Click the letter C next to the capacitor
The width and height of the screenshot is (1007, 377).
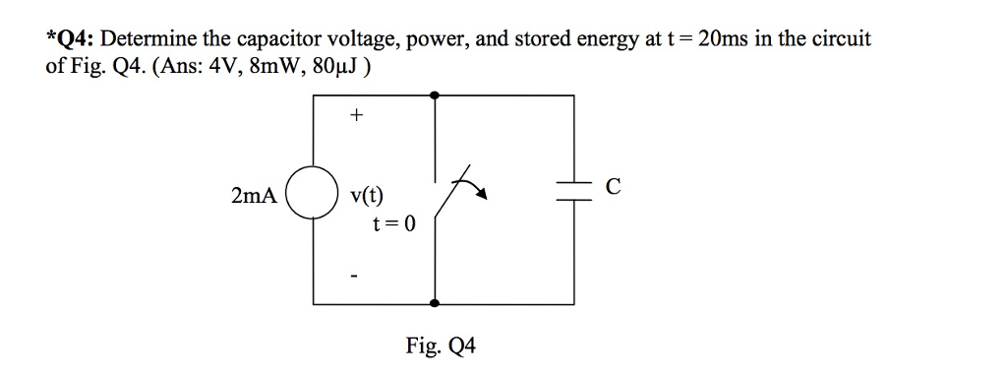point(614,187)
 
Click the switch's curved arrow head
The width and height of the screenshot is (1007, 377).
point(482,197)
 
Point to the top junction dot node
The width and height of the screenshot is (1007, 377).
point(435,95)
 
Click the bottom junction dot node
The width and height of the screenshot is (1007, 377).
point(435,304)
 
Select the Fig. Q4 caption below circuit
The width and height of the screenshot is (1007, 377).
point(440,346)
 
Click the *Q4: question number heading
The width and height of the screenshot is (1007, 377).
point(70,40)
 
